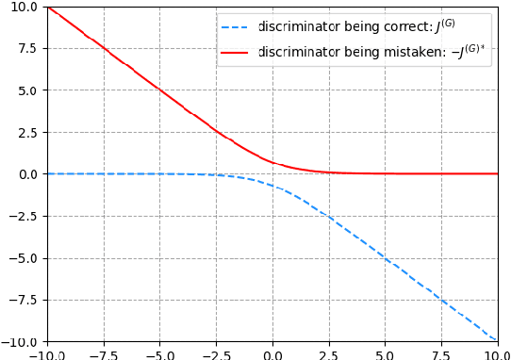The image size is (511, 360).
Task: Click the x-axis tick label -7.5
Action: click(103, 354)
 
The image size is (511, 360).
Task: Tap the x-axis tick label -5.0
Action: click(159, 354)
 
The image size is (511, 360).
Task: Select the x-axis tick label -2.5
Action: click(216, 354)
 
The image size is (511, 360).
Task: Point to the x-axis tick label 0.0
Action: click(272, 354)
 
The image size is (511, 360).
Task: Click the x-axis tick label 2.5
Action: click(329, 354)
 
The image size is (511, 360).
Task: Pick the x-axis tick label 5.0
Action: click(385, 354)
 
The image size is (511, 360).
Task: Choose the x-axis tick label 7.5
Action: click(441, 354)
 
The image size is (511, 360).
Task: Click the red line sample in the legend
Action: click(237, 52)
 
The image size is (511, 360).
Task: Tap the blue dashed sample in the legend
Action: click(237, 25)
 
